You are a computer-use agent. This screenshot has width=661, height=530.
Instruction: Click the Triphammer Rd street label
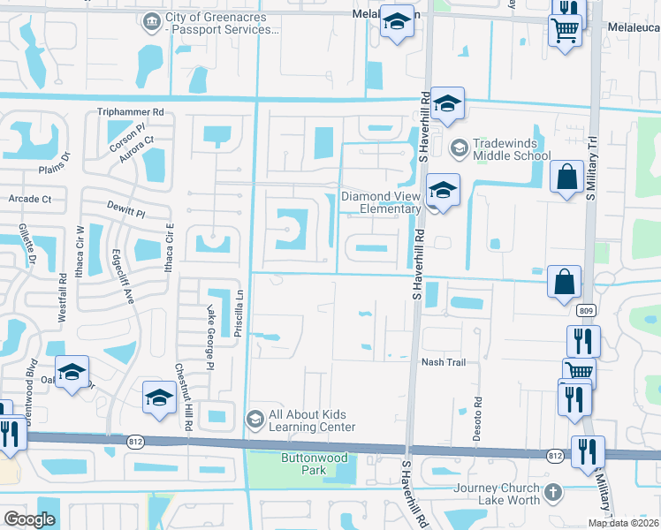coord(131,112)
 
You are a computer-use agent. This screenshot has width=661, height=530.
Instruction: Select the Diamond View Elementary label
coord(381,202)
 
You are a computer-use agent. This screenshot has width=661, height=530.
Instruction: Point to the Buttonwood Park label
coord(315,464)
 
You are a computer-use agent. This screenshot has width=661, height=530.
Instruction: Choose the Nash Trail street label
coord(443,362)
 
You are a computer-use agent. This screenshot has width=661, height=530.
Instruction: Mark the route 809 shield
coord(585,310)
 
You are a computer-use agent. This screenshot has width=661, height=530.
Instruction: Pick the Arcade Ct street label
coord(30,199)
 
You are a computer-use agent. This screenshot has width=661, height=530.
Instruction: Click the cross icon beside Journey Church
coord(552,491)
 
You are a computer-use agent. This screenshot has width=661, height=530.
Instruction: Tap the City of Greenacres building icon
coord(150,20)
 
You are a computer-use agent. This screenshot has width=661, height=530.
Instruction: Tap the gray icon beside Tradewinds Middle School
coord(459,148)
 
